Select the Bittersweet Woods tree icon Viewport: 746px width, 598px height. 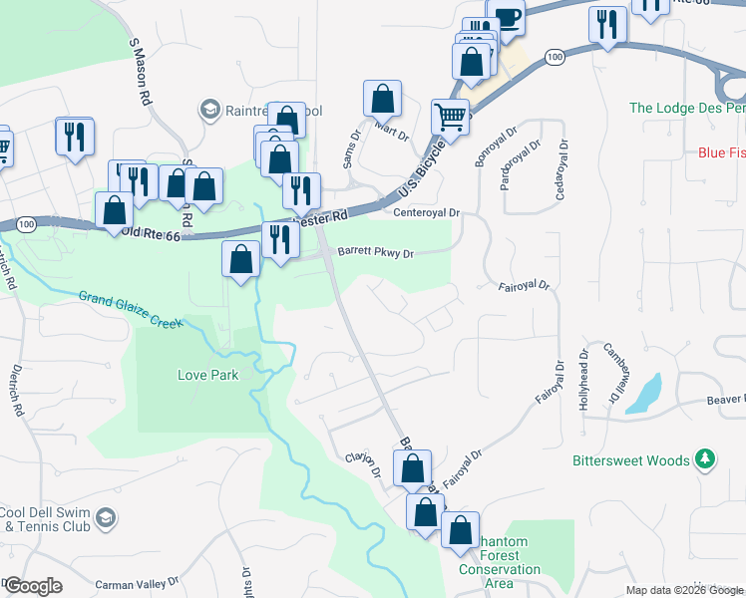705,459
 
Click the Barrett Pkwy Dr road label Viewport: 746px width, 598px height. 375,253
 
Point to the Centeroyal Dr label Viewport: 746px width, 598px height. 426,213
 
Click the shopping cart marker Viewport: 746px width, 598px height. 451,118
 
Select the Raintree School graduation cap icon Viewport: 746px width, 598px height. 209,109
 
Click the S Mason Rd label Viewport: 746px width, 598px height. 140,73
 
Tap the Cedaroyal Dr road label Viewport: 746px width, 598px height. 561,168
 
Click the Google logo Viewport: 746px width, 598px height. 32,586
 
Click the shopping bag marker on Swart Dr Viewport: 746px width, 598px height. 382,100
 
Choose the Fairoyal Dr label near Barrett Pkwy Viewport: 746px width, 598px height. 525,285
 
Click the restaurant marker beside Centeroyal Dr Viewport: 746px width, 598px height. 300,190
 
